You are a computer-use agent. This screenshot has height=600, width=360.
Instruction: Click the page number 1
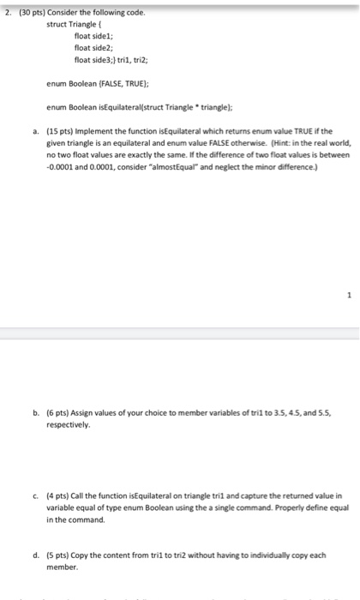(x=350, y=296)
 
